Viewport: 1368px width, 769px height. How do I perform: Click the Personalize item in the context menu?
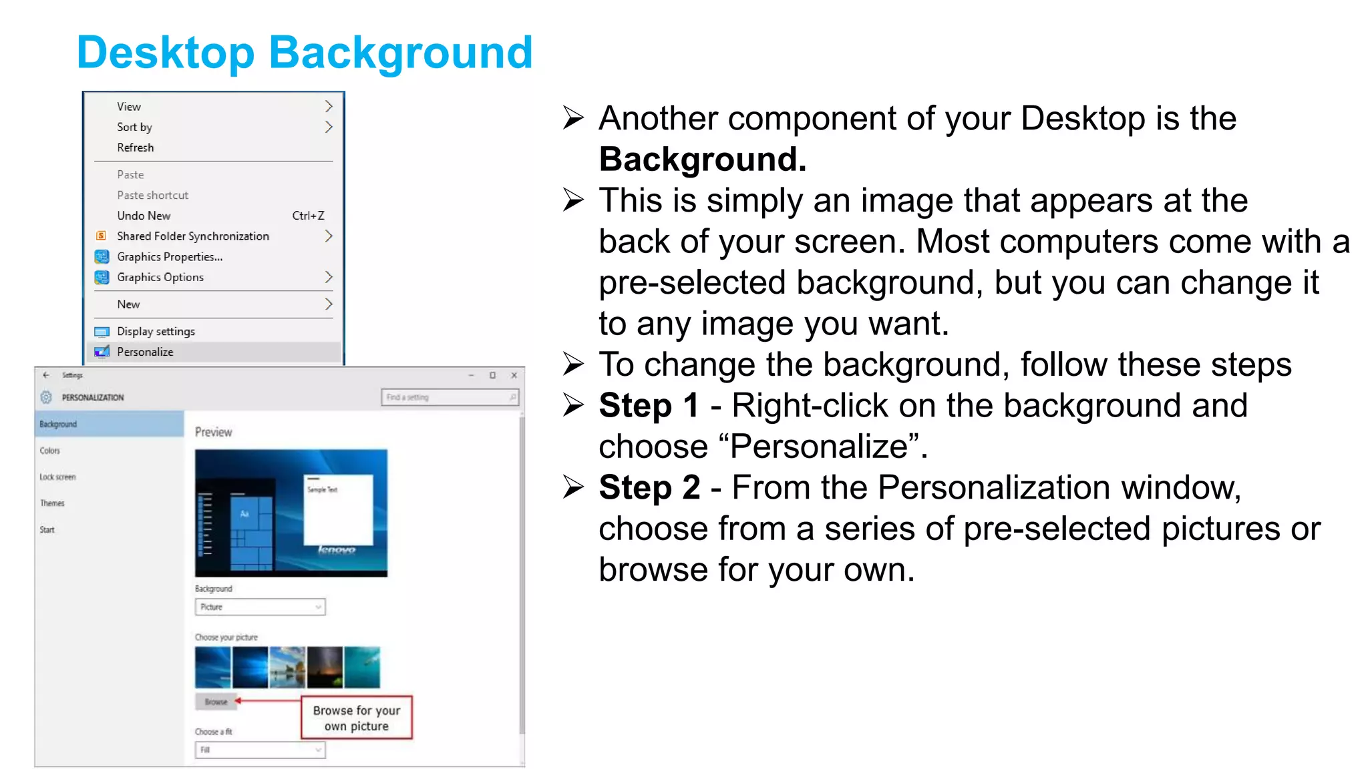[145, 352]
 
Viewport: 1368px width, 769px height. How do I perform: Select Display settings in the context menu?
[156, 331]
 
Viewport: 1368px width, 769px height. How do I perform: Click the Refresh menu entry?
[135, 148]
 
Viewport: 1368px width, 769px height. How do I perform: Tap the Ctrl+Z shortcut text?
[308, 216]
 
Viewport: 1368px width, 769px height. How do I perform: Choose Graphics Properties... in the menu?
[170, 257]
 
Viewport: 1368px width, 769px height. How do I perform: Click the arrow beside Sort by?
[328, 127]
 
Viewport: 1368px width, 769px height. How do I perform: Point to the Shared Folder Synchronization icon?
[102, 236]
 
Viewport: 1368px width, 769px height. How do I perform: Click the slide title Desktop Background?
[305, 53]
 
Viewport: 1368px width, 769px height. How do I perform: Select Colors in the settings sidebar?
[50, 451]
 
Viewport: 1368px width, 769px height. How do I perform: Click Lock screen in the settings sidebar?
[57, 477]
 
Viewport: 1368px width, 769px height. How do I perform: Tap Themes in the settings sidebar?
[52, 503]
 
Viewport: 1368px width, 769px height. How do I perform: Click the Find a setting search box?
[449, 397]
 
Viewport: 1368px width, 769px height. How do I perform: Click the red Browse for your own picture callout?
[357, 718]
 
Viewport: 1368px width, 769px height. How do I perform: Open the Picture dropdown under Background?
[260, 607]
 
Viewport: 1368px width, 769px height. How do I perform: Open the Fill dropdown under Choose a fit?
[260, 750]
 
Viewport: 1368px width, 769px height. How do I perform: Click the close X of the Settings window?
[514, 375]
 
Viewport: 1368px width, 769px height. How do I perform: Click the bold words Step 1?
[649, 406]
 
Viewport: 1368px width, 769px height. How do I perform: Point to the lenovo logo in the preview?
[337, 549]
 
